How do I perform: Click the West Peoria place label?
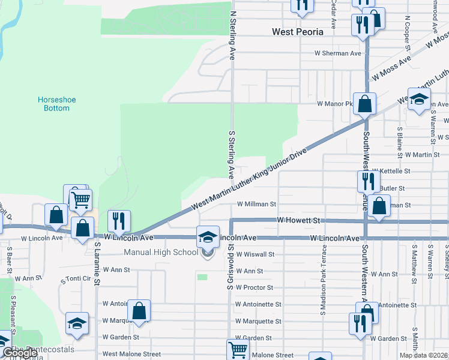pos(298,32)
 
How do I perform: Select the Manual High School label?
pos(161,252)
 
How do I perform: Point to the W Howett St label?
pos(298,221)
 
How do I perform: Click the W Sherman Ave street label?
pos(339,53)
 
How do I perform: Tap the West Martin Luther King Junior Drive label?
pos(249,179)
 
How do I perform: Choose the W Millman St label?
pos(256,205)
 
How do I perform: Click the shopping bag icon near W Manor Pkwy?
pos(364,104)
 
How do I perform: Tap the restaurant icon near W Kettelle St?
pos(368,181)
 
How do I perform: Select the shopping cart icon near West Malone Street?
pos(238,349)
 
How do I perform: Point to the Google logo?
pos(19,353)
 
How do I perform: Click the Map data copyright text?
pos(423,355)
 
